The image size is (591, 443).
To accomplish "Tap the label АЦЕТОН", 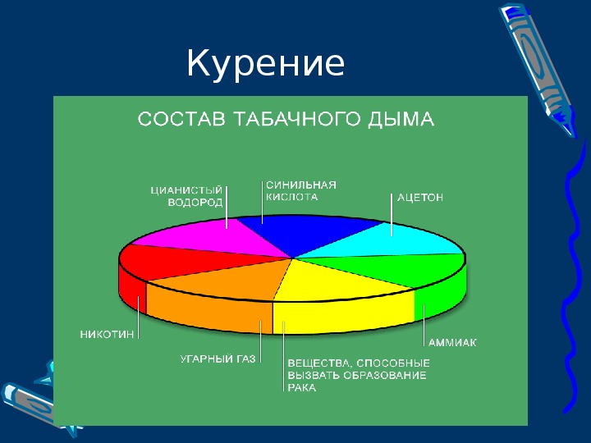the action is point(420,198).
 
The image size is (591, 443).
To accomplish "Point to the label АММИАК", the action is point(452,342).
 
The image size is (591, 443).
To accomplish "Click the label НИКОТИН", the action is point(107,335).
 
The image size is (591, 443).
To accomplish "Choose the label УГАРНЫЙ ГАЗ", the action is point(218,359).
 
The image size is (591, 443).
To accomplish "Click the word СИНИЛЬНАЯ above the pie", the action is point(301,185).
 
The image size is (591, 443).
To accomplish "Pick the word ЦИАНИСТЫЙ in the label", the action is point(186,190).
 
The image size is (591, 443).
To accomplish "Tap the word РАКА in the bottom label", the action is point(302,387).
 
